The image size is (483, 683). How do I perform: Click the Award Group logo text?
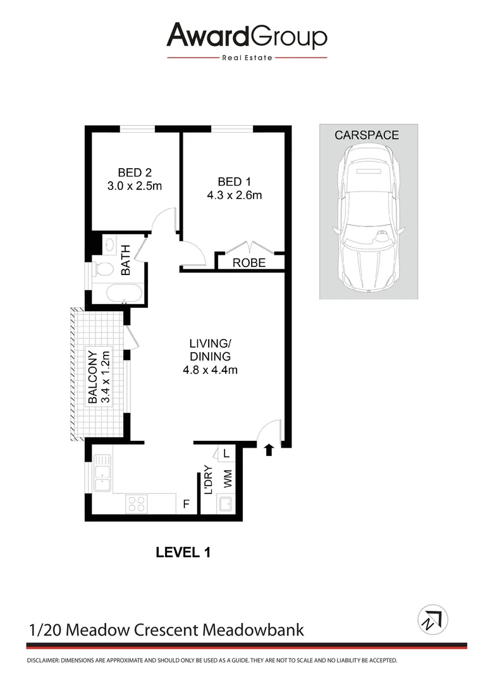[247, 37]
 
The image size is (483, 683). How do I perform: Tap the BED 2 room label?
[134, 172]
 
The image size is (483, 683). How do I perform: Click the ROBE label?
[249, 263]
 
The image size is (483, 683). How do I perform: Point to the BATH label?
[125, 260]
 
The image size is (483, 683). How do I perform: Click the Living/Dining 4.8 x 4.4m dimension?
[209, 370]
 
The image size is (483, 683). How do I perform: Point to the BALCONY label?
[92, 377]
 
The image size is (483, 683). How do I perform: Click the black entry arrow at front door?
[269, 450]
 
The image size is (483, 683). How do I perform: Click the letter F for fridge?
[186, 504]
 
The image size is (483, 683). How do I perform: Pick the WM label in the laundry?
[227, 478]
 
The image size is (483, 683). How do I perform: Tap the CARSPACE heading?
[367, 135]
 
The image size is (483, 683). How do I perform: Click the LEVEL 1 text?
[183, 552]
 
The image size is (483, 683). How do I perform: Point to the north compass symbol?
[432, 619]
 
